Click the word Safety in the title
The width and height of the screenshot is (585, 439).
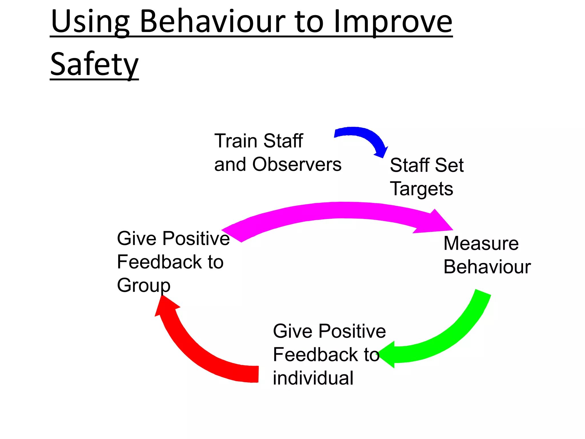pos(94,64)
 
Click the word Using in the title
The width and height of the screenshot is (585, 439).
pos(90,22)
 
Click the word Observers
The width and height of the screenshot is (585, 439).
pos(297,165)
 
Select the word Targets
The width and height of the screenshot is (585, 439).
pos(421,189)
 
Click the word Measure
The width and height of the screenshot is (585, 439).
pos(481,244)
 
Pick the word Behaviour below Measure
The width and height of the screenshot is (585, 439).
pos(487,267)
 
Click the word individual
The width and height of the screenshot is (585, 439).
pos(313,378)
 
